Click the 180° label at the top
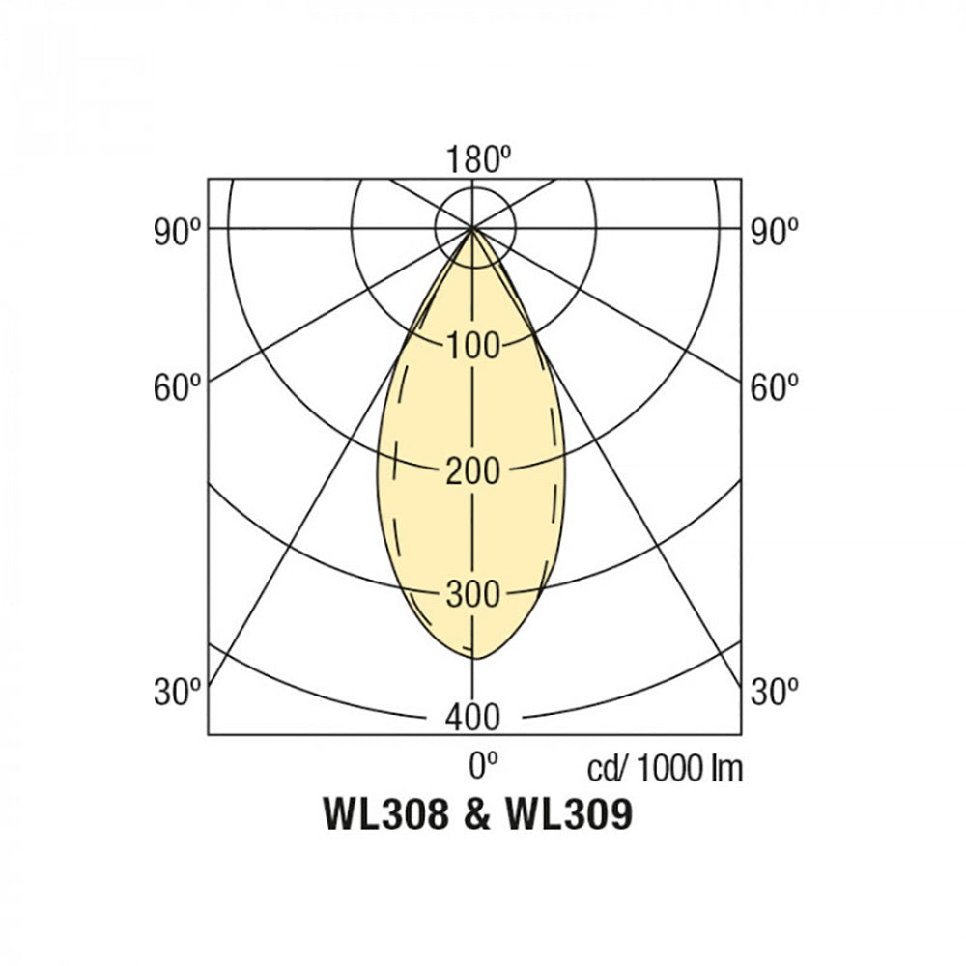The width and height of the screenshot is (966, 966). [479, 159]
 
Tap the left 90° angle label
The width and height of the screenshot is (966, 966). [178, 233]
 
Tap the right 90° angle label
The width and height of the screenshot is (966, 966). [775, 233]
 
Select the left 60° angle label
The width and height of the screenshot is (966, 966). [178, 387]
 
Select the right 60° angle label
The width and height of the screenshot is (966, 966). [775, 387]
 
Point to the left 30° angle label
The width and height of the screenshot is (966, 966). [178, 692]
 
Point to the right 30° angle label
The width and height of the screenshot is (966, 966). [775, 692]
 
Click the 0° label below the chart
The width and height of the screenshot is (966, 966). [483, 766]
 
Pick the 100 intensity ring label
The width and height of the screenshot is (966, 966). [472, 346]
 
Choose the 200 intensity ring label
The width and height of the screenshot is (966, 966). [472, 471]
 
